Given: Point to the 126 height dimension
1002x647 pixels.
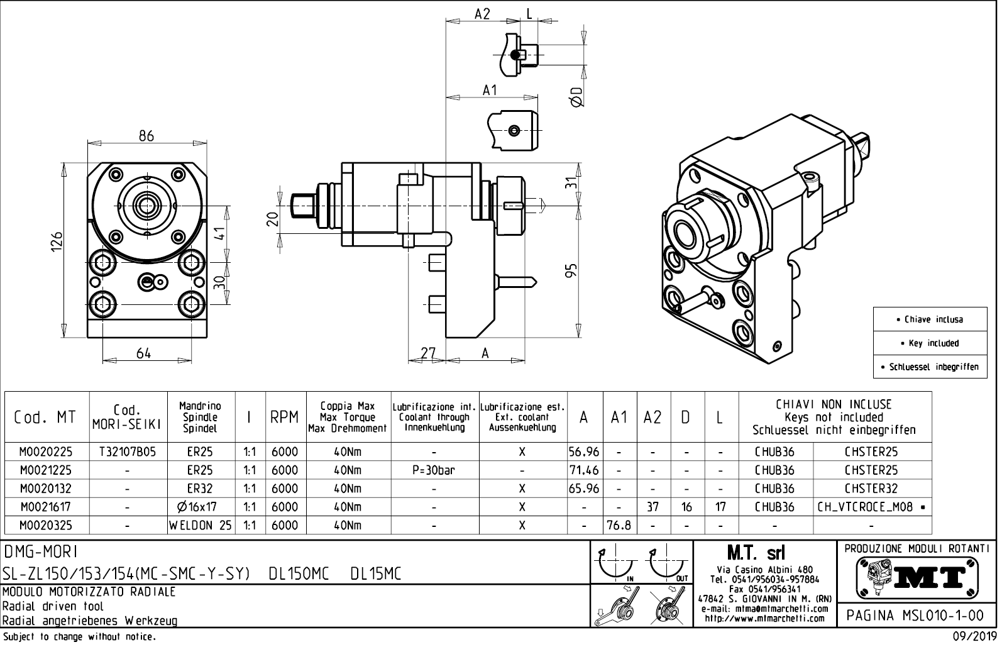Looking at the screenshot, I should pos(57,241).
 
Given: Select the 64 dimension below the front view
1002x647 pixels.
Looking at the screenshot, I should pos(144,353).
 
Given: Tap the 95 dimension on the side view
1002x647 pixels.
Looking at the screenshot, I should pos(571,270).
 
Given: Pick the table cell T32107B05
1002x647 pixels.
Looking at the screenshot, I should pos(128,451).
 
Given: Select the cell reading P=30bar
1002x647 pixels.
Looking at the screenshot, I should pos(434,470).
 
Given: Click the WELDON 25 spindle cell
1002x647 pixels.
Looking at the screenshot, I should pos(201,525).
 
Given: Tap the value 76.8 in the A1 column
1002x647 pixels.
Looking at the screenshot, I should pos(619,525).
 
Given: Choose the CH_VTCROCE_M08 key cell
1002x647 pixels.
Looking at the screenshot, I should pos(871,507).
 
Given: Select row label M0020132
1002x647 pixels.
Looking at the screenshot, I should pos(46,489).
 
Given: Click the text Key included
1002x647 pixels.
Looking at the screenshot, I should pos(933,343).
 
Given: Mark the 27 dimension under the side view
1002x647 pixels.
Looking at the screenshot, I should pos(427,353).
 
